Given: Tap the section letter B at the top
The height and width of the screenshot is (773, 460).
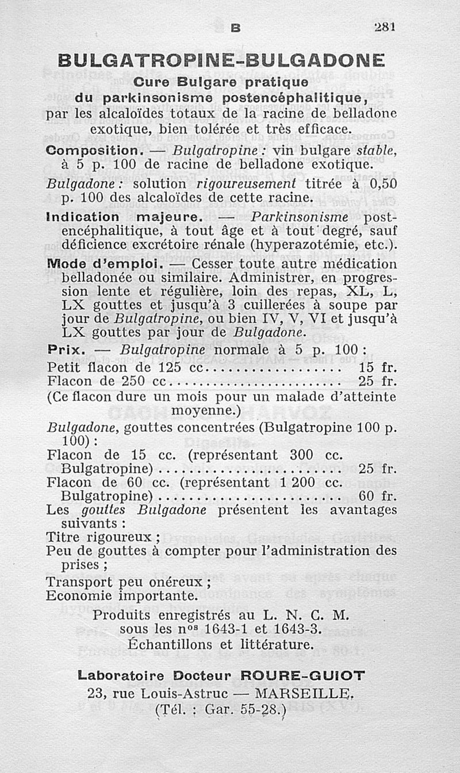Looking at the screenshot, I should click(x=235, y=26).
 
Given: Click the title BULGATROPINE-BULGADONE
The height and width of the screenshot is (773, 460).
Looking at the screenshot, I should click(x=222, y=60).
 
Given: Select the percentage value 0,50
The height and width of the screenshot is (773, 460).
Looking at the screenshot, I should click(x=382, y=184).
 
